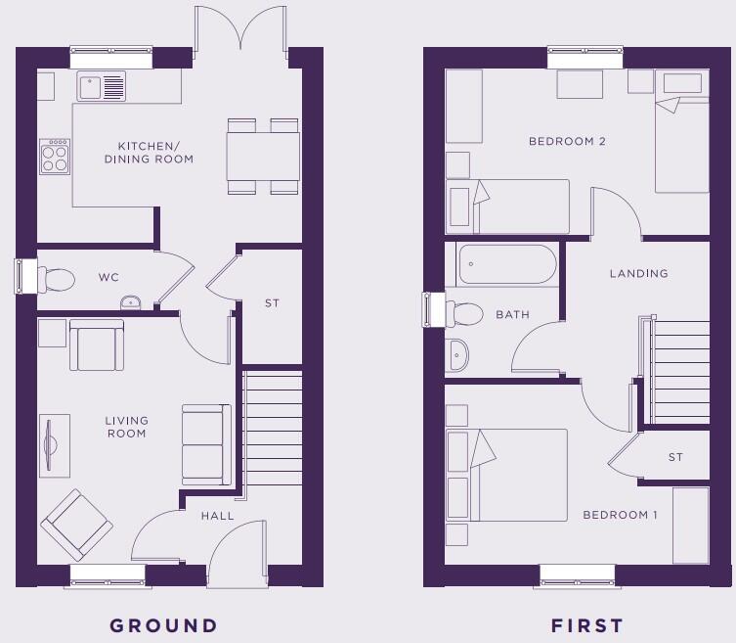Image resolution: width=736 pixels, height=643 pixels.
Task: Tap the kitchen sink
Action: pos(102,86)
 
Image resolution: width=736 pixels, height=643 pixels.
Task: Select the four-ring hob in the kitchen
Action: pos(55,155)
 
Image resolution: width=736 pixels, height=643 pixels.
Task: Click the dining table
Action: pos(263,156)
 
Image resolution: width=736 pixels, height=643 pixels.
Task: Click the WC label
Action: pos(108,278)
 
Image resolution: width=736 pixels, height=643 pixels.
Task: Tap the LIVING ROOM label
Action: pos(126,427)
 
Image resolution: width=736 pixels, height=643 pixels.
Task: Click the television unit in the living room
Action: pos(54,446)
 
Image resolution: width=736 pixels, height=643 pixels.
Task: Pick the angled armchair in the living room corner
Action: pos(75,526)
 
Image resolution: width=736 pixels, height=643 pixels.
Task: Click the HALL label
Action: pos(218,516)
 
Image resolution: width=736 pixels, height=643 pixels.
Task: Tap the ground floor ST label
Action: pos(272,303)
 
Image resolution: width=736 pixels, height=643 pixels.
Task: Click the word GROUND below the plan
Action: pos(163,625)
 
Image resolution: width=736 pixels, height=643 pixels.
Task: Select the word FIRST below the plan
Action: pos(587,625)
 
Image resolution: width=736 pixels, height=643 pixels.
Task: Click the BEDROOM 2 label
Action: pos(567,142)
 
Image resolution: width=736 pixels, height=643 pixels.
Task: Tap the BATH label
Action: pos(512,315)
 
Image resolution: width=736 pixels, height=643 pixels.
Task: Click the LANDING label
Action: pos(638,274)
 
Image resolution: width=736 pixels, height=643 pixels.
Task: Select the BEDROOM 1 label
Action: pos(620,515)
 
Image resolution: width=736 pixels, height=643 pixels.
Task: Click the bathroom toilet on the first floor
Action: pos(463,313)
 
